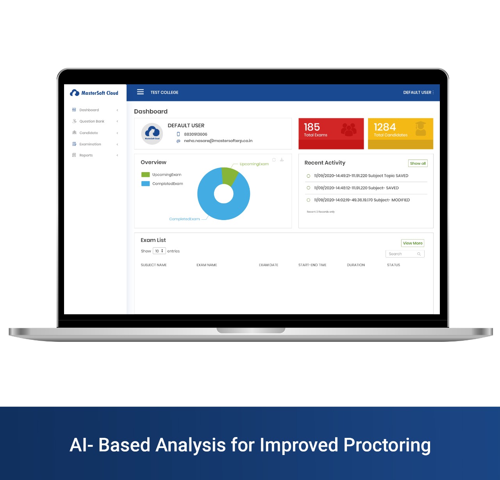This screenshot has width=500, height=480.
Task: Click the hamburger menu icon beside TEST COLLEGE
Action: (x=140, y=92)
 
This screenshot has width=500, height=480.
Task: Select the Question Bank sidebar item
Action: (x=92, y=121)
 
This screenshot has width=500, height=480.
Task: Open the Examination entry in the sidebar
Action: (x=90, y=144)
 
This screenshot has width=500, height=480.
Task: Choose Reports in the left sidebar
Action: (x=86, y=155)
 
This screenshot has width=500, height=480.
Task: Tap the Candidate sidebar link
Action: (x=89, y=133)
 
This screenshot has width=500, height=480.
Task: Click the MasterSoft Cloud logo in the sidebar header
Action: (x=94, y=93)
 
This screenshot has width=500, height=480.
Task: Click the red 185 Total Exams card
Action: (x=331, y=133)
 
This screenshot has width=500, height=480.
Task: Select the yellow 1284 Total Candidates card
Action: (x=400, y=133)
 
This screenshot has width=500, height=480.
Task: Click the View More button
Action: (x=412, y=243)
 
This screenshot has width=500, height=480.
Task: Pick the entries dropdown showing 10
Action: (x=159, y=251)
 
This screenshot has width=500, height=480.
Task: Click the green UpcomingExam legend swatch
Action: (x=145, y=175)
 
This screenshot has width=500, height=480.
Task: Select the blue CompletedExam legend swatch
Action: (x=145, y=184)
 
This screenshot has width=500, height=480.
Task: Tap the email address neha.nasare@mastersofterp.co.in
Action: (x=218, y=141)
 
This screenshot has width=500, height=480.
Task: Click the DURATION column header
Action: (x=356, y=265)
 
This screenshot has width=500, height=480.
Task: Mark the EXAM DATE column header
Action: (x=268, y=265)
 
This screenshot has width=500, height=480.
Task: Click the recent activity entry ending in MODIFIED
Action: (x=362, y=200)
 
